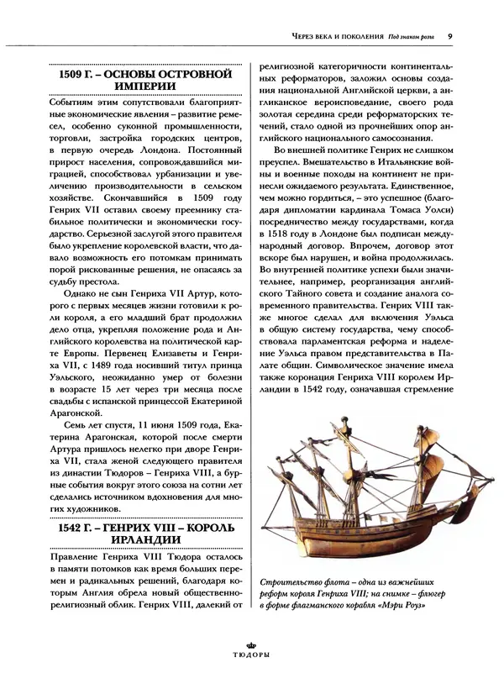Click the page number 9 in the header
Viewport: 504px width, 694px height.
pyautogui.click(x=451, y=36)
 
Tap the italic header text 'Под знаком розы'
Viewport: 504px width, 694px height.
pyautogui.click(x=412, y=37)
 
